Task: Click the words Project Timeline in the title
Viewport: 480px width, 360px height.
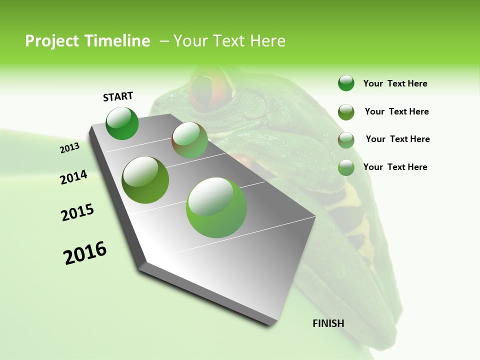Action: pos(87,41)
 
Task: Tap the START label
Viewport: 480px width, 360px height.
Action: pos(118,96)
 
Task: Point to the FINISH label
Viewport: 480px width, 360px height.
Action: pos(328,323)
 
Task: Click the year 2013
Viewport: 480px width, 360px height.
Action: pos(69,148)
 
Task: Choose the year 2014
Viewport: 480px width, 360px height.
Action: pos(74,177)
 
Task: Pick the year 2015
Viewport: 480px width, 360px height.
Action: pos(77,212)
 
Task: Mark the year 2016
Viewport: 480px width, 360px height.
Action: pos(85,252)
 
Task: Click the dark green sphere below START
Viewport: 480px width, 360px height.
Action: pos(122,123)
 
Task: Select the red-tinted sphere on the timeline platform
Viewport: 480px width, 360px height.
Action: pos(190,140)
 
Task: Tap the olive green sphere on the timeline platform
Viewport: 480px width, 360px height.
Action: pos(145,179)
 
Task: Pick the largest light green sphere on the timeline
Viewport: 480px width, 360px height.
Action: pos(216,207)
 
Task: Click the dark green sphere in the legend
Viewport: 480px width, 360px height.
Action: pos(346,83)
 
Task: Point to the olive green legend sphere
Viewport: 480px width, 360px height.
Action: pos(346,112)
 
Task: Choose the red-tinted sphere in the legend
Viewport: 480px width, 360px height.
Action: pos(346,140)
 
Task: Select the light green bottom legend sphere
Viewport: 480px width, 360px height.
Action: pos(346,167)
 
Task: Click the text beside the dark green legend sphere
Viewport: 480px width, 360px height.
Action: pos(395,84)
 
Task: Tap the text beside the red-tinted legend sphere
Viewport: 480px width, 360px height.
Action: pos(398,139)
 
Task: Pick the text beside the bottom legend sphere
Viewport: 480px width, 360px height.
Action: pos(395,167)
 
